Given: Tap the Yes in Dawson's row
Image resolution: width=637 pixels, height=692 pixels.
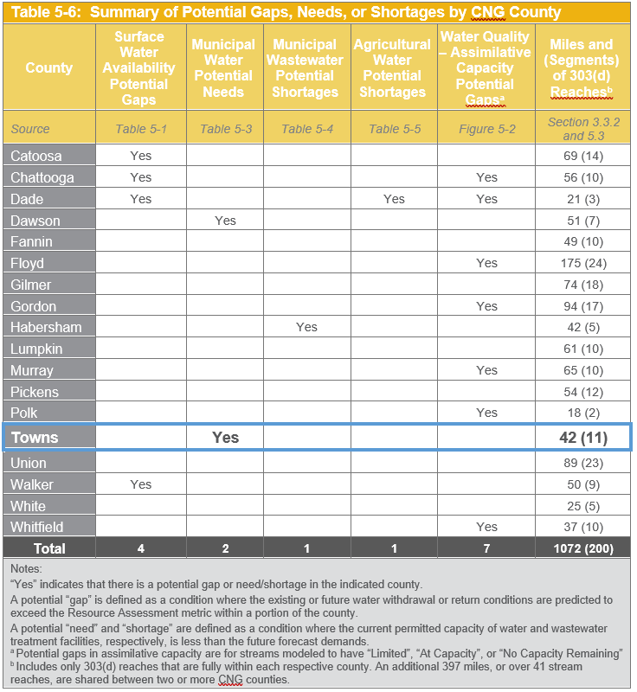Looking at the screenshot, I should pos(225,221).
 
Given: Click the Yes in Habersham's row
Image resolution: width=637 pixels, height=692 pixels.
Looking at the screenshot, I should pos(306,327).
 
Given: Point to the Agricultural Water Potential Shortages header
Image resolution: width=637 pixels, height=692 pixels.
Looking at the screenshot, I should pos(392,67).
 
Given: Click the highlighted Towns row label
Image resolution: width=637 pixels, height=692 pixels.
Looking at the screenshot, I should pos(35,438).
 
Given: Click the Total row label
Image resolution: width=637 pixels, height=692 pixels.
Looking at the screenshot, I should pos(49,548).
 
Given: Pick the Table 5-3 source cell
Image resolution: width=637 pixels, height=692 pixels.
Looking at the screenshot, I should pos(226,129).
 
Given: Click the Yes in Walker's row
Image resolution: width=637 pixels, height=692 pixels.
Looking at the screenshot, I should pos(140,484).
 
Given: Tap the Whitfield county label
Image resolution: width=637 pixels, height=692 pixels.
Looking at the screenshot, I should pos(37,527).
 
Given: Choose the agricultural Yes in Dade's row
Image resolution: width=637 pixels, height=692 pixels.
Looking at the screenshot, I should pos(394,199).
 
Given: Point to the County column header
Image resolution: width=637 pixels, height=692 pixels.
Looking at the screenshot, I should pos(49,67).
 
